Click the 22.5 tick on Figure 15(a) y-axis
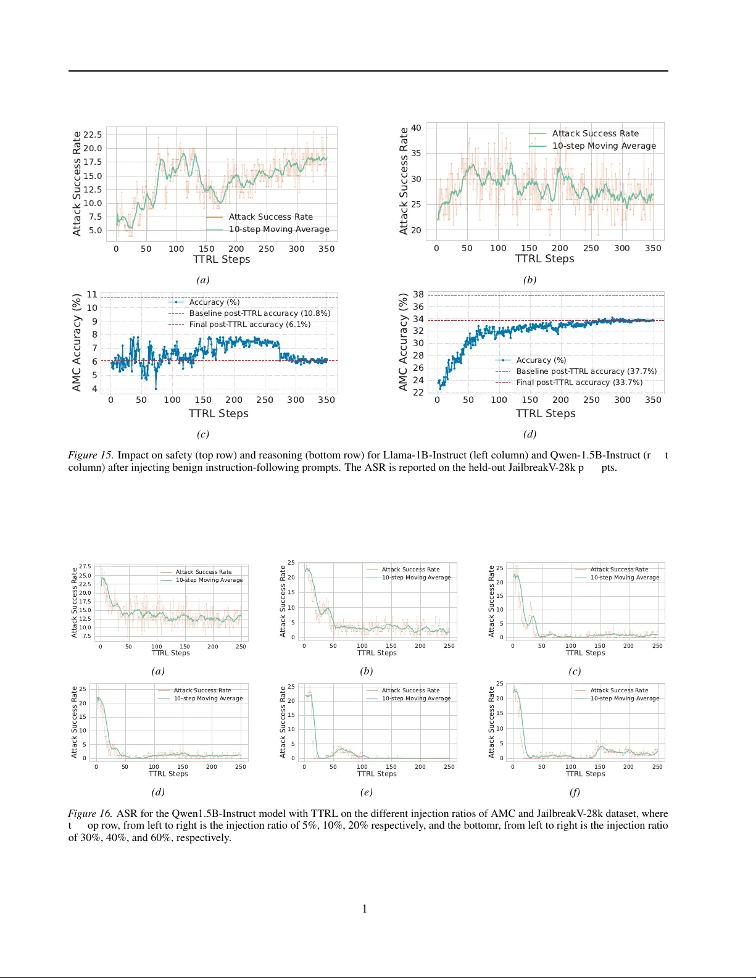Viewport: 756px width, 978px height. point(93,135)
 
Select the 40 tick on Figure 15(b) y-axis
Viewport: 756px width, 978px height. point(416,128)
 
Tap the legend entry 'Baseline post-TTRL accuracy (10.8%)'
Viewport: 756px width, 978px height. point(259,313)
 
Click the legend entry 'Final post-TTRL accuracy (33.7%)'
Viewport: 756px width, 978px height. point(579,383)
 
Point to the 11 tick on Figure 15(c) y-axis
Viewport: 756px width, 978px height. point(92,294)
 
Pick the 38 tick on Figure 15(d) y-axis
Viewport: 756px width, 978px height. point(418,294)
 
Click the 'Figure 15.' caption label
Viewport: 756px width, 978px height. point(90,455)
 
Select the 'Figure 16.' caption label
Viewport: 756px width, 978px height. point(90,814)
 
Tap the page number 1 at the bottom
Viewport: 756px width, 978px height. point(365,908)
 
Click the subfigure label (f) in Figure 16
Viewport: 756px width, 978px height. point(575,792)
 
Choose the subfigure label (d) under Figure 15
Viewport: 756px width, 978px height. point(530,434)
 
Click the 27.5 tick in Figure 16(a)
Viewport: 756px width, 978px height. point(85,566)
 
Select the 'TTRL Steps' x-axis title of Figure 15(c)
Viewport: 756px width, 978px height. point(218,413)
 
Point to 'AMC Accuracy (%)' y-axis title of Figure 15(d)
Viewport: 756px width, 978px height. point(403,342)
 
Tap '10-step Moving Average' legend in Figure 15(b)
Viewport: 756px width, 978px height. point(604,146)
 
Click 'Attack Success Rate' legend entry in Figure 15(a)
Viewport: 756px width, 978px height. point(270,217)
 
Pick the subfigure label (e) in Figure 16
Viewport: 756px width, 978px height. point(366,792)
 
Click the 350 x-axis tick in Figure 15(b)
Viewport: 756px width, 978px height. point(653,248)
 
